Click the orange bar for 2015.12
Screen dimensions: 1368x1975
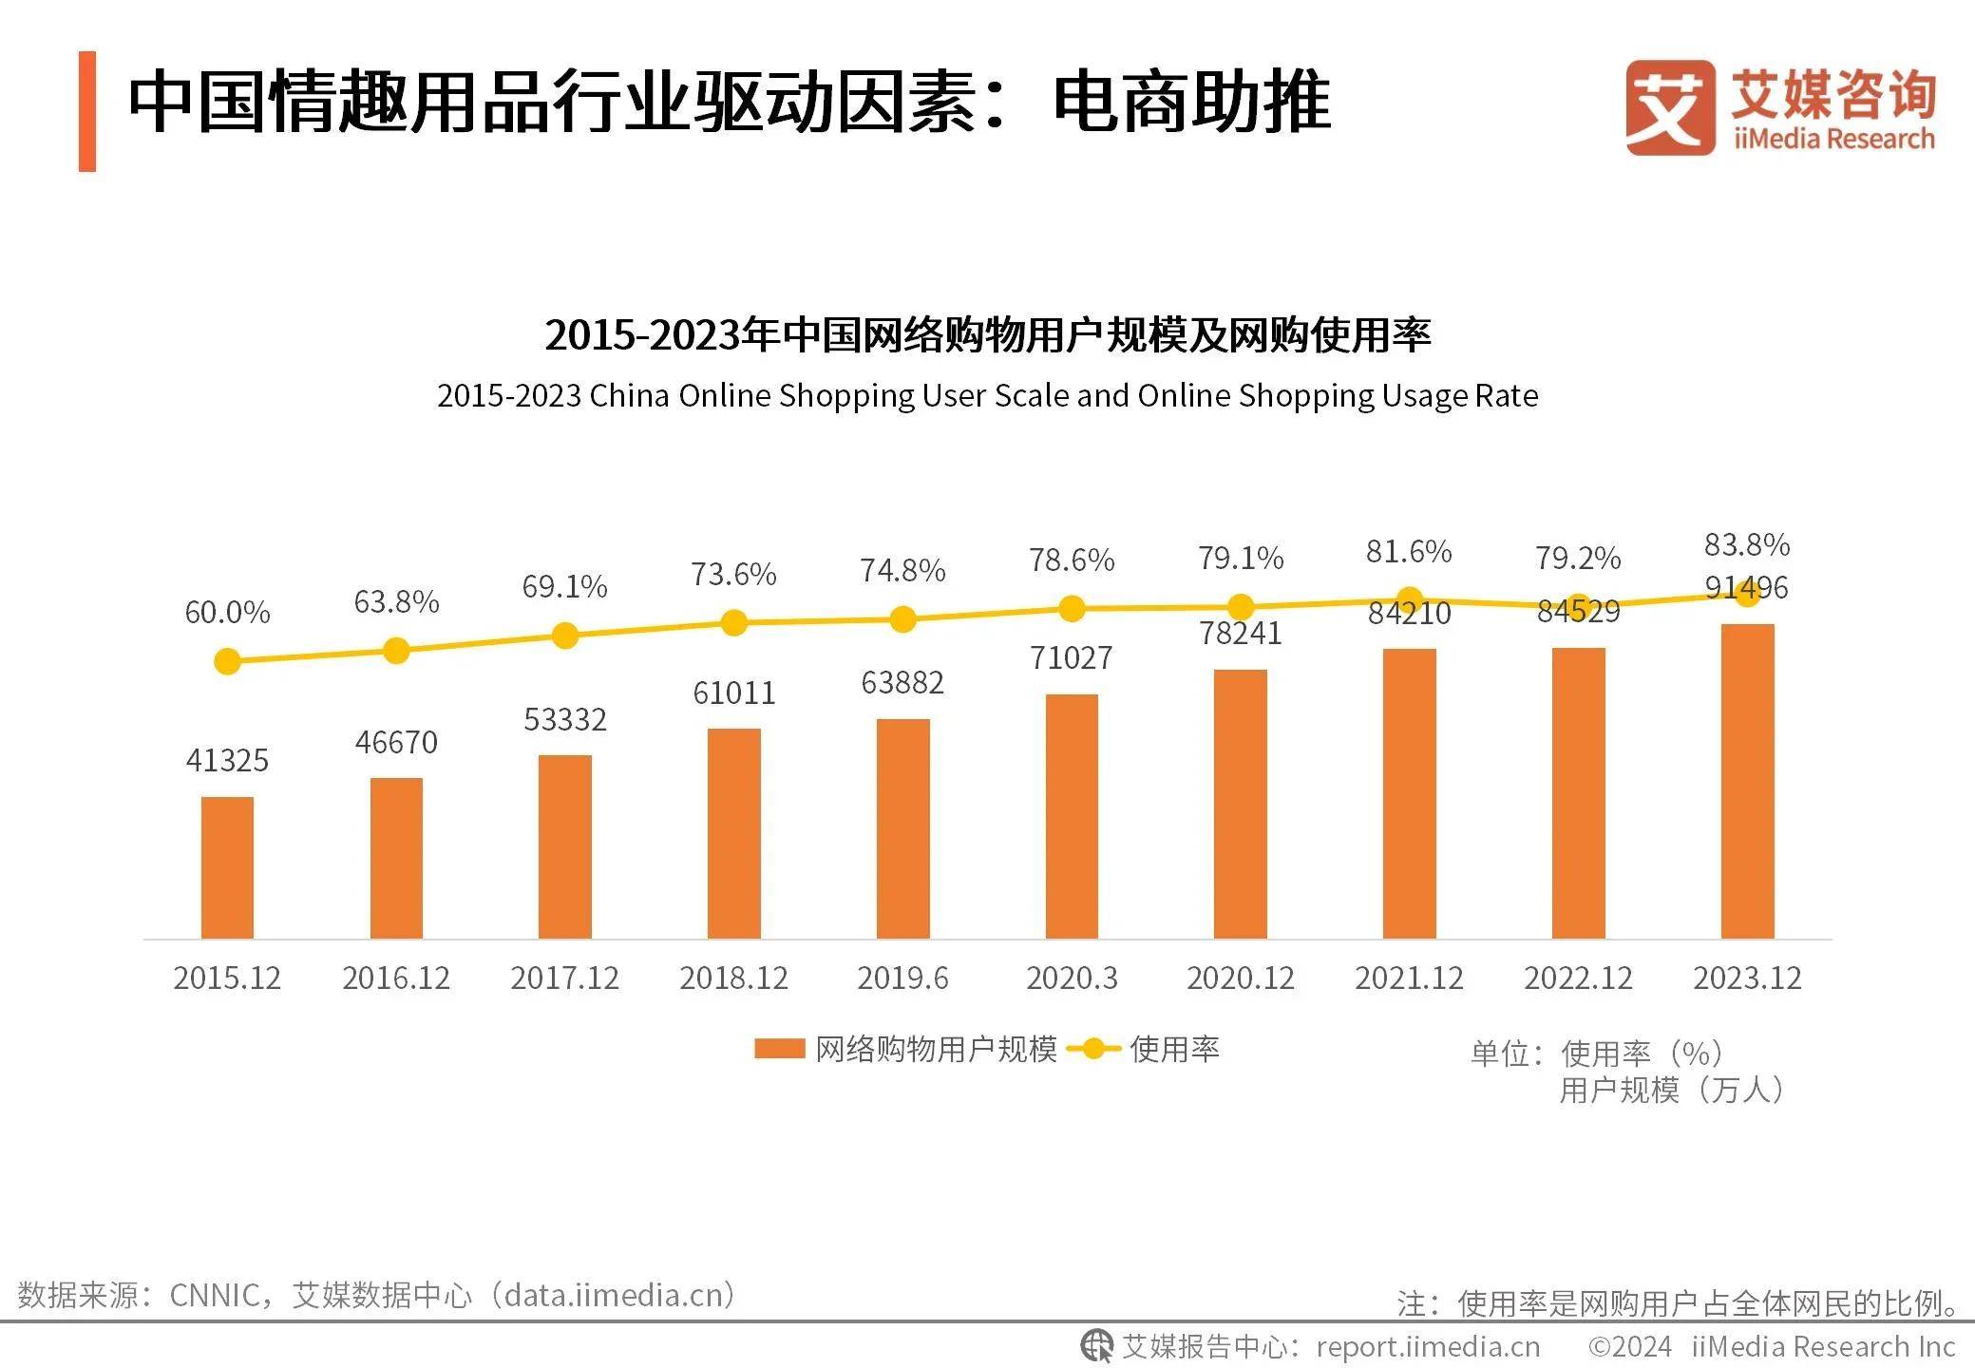point(227,867)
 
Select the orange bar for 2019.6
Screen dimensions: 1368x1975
point(902,828)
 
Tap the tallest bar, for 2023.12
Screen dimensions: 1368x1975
point(1747,781)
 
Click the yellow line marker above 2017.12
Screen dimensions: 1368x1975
point(564,636)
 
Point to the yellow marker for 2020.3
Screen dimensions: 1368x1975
point(1072,609)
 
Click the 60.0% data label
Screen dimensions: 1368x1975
point(227,613)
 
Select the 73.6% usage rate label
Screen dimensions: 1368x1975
point(733,574)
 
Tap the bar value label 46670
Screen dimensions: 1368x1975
point(396,742)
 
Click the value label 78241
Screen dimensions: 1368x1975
point(1240,633)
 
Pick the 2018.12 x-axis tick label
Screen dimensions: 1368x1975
point(733,978)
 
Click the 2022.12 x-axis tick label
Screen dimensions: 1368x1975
point(1578,978)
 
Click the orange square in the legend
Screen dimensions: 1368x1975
point(779,1049)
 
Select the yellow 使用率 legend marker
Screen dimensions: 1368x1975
point(1093,1049)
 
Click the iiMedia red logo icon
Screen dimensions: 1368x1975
point(1669,107)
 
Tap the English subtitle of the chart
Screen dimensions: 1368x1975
point(987,395)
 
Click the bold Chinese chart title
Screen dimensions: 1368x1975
point(987,334)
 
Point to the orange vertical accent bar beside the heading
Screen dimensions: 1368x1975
point(87,111)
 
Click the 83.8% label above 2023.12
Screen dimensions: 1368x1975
point(1746,544)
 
